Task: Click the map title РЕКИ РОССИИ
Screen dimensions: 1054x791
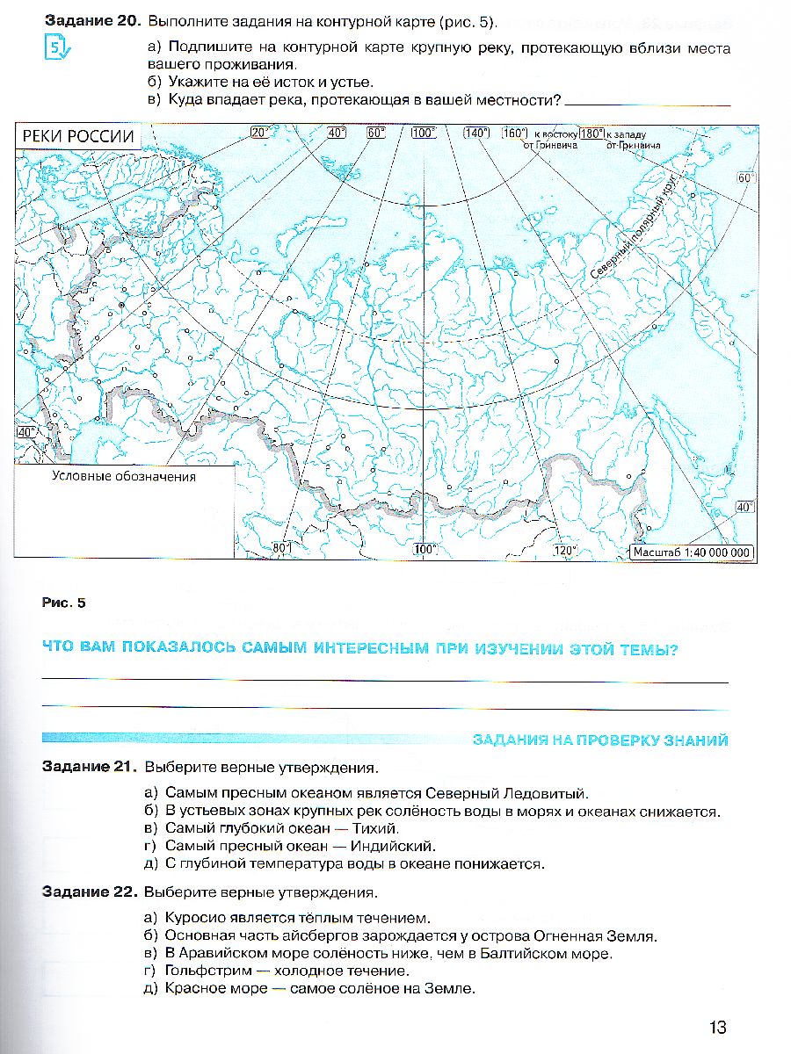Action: click(78, 136)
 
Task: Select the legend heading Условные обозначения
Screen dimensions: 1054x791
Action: click(123, 477)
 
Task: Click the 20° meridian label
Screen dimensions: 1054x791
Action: click(259, 133)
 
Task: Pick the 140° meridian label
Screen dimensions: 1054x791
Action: click(475, 133)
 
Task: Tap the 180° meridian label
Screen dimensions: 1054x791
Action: click(591, 133)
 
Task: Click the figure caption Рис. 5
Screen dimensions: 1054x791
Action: click(64, 603)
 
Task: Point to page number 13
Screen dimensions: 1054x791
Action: click(716, 1027)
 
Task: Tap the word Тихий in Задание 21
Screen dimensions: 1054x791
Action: click(379, 827)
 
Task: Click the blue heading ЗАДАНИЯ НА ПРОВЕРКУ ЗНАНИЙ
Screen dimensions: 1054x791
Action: click(600, 740)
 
